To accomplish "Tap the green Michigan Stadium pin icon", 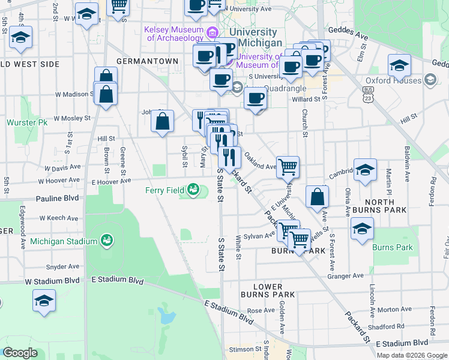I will pos(106,241).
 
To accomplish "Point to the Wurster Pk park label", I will pos(26,122).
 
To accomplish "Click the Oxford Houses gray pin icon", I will pos(430,80).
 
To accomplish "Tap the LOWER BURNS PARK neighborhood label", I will pos(268,290).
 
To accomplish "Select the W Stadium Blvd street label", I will pos(52,281).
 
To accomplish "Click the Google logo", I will pos(20,353).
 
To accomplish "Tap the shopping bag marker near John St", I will pos(163,121).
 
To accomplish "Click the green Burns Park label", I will pos(393,247).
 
